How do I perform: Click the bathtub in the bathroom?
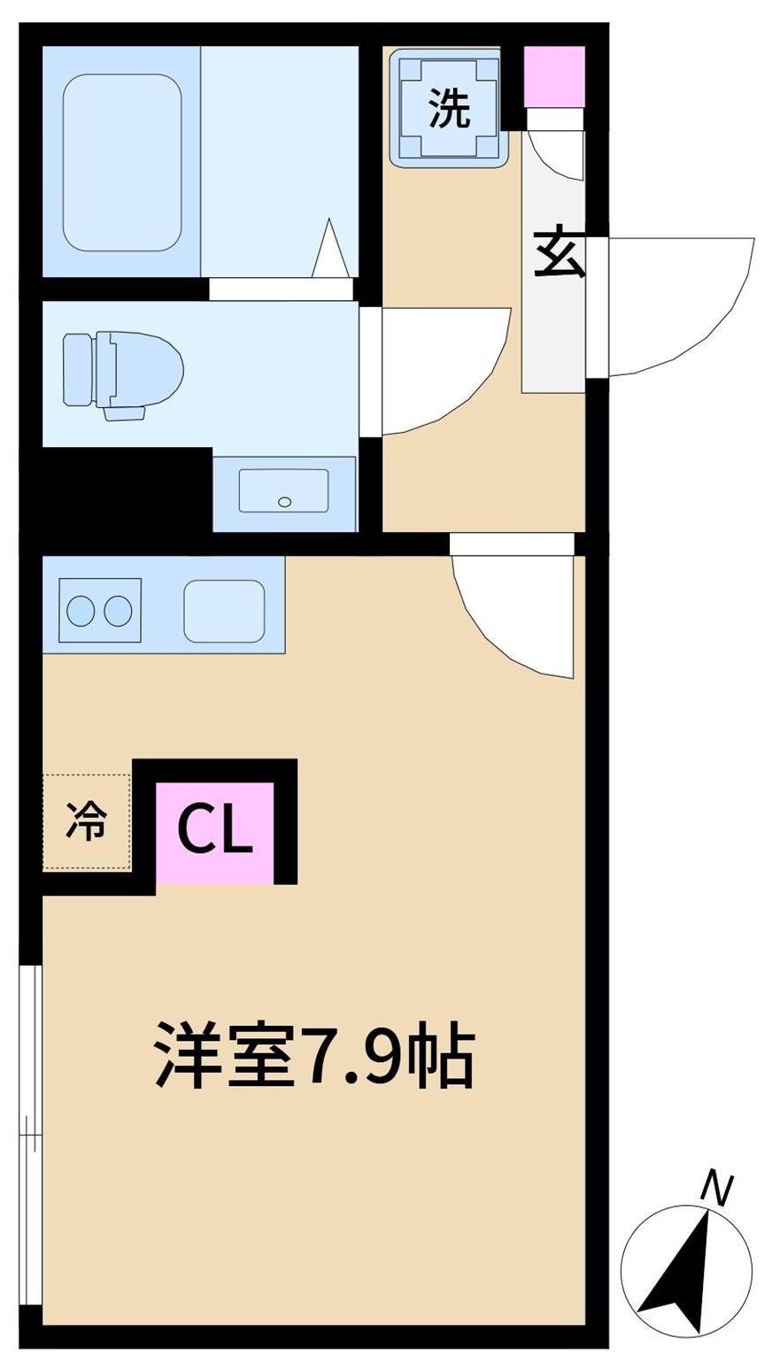click(x=122, y=162)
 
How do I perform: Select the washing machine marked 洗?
click(x=450, y=108)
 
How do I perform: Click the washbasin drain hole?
click(x=285, y=502)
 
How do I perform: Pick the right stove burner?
click(x=118, y=610)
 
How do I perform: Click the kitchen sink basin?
click(x=224, y=611)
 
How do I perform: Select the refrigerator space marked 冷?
click(x=87, y=820)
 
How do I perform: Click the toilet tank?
click(x=78, y=370)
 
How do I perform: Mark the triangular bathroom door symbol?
click(x=331, y=247)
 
